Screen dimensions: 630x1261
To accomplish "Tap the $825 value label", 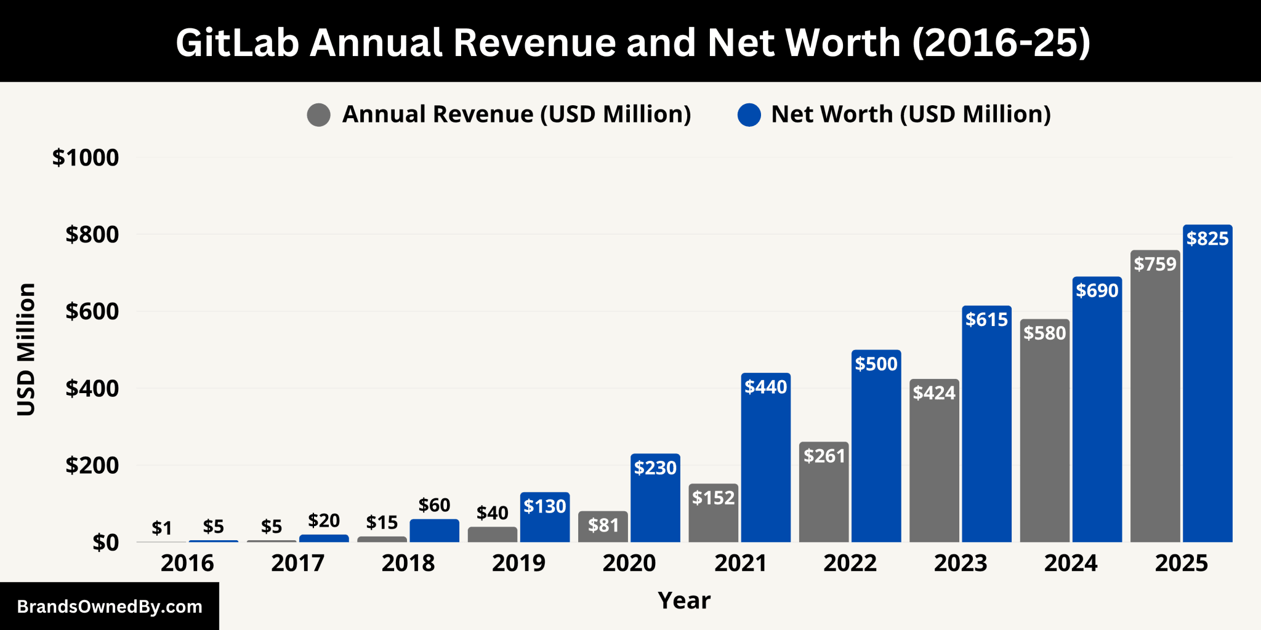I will point(1207,239).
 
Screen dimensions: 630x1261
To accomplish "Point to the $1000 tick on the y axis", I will point(86,158).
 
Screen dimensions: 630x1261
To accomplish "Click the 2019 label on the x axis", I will point(518,563).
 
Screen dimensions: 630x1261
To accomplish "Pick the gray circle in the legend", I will point(319,115).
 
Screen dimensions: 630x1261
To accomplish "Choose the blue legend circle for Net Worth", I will point(749,115).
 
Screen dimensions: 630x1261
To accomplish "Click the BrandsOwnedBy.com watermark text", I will point(110,607).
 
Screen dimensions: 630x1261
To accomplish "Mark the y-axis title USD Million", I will point(26,349).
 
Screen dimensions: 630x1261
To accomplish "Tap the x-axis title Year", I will point(683,600).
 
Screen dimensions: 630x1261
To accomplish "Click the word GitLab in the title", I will point(237,43).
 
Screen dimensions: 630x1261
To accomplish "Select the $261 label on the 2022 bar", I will point(824,456).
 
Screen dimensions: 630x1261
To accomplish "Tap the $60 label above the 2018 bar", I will point(434,505).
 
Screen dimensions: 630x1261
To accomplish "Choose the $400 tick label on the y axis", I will point(92,389).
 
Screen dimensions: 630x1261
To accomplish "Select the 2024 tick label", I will point(1070,563).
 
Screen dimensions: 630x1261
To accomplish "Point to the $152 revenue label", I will point(713,497).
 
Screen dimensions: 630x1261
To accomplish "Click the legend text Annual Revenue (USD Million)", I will point(517,114).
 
